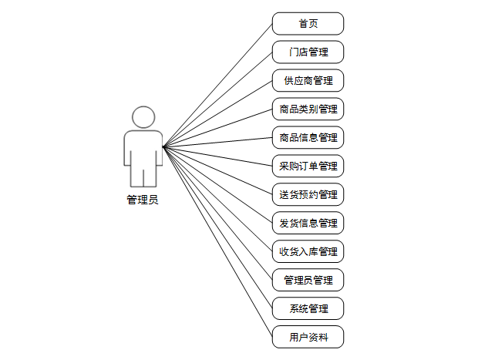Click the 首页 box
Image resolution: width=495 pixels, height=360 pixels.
tap(308, 24)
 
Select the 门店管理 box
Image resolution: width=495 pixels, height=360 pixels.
tap(308, 52)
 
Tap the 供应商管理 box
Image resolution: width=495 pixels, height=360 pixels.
tap(308, 81)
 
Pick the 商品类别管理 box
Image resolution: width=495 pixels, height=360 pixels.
tap(308, 109)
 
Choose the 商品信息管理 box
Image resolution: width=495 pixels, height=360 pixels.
tap(308, 138)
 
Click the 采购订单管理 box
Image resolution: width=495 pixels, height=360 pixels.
tap(308, 166)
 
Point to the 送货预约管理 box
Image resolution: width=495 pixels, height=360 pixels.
tap(308, 194)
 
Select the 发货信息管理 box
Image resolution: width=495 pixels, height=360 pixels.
tap(308, 223)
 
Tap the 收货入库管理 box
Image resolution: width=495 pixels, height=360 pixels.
tap(308, 251)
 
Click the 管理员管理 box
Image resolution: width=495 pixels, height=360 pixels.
tap(308, 280)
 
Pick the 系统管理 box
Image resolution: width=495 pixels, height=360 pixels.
tap(308, 308)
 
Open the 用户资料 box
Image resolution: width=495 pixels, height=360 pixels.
tap(308, 337)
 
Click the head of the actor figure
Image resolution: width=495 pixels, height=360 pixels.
tap(143, 118)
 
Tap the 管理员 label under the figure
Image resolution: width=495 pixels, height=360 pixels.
tap(143, 200)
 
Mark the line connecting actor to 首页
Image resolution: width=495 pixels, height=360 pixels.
tap(217, 85)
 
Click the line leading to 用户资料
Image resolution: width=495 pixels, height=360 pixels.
tap(217, 241)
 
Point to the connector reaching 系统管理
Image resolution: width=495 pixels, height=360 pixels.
tap(217, 227)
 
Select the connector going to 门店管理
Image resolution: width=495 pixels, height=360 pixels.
tap(217, 99)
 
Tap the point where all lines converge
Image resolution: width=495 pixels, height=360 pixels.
tap(163, 146)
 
